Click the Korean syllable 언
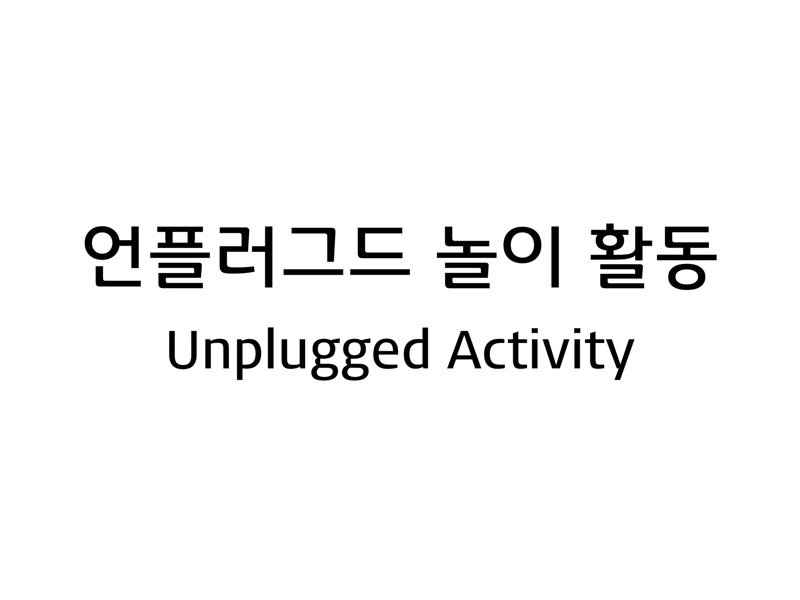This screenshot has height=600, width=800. [x=112, y=256]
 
